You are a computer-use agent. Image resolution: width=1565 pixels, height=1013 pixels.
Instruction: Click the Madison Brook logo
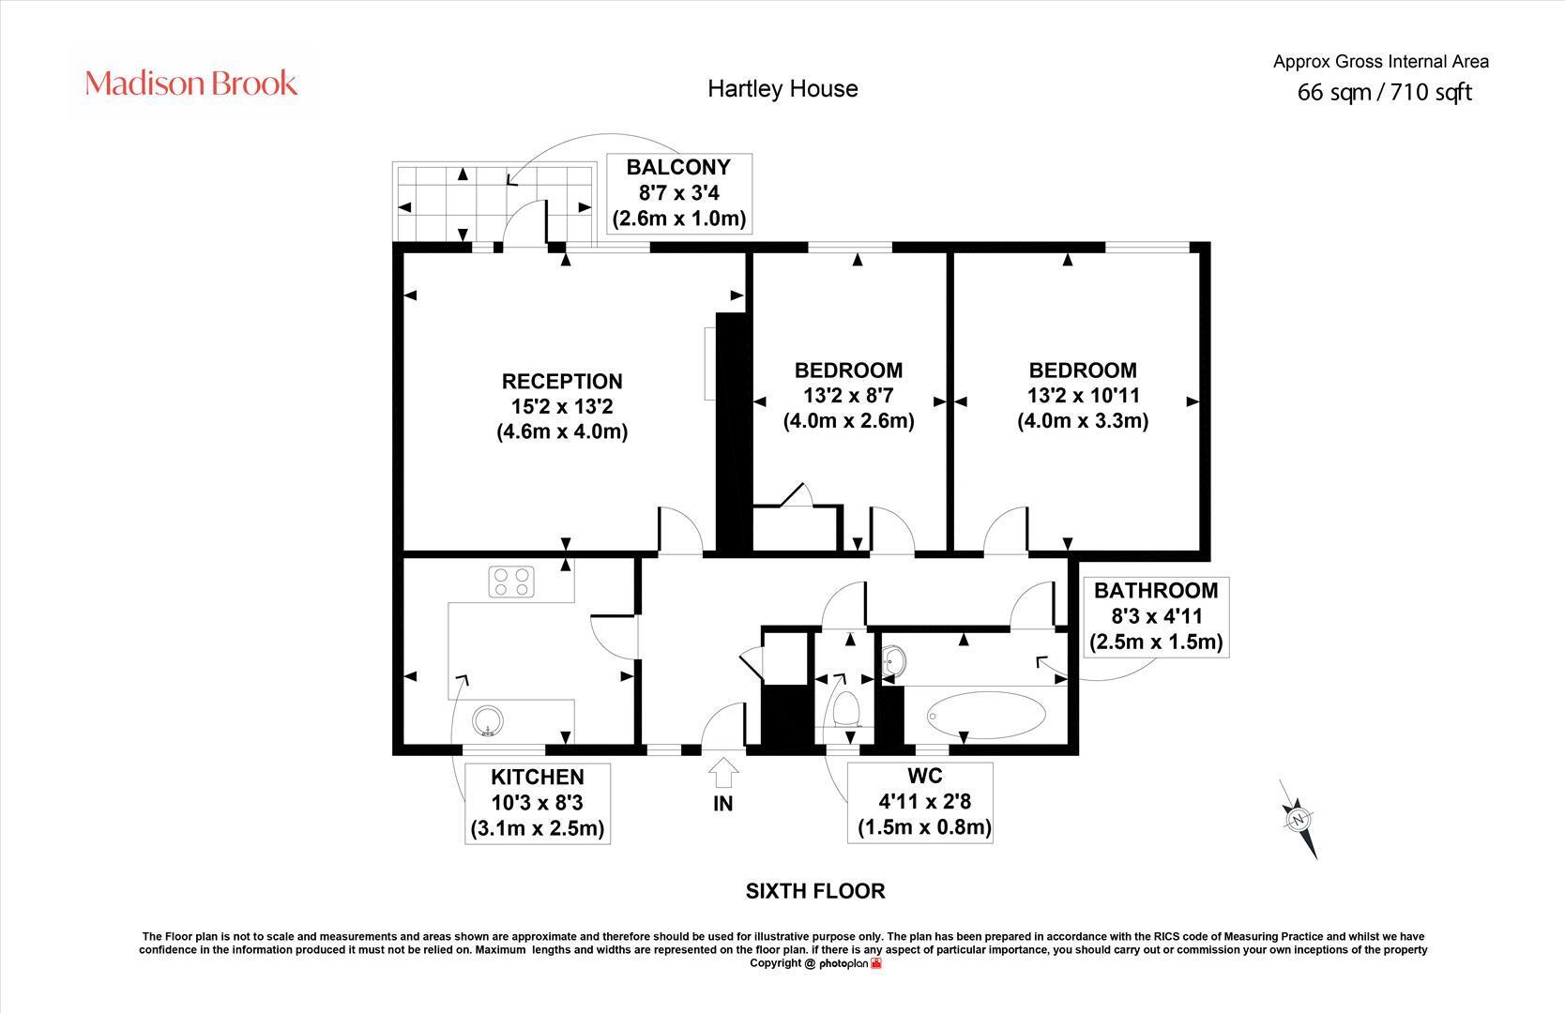191,83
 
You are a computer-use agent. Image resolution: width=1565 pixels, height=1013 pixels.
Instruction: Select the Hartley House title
782,89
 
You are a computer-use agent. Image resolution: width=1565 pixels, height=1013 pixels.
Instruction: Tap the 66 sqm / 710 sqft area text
1384,93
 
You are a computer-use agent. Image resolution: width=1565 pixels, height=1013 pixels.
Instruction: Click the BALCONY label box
678,193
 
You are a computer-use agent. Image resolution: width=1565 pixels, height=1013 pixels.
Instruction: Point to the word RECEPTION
561,382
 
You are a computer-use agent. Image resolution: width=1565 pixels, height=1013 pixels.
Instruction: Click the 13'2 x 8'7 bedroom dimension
848,396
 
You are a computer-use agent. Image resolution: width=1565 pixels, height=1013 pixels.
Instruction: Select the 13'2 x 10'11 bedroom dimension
1083,396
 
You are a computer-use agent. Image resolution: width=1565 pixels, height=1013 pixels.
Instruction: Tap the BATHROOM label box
1156,616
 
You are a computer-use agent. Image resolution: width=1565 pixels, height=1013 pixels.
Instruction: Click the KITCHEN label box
538,803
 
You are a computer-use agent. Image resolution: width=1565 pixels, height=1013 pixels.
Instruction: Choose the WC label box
923,802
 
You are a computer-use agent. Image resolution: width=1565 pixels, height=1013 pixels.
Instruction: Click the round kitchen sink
489,721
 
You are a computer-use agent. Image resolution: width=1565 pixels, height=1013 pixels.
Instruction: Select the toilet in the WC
846,709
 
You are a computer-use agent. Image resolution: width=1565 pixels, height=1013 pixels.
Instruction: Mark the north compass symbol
1299,819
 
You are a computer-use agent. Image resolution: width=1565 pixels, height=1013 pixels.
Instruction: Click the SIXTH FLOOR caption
814,891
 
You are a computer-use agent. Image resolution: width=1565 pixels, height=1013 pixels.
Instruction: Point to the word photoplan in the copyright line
843,963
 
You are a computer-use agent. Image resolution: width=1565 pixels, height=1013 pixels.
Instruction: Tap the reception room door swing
679,530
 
